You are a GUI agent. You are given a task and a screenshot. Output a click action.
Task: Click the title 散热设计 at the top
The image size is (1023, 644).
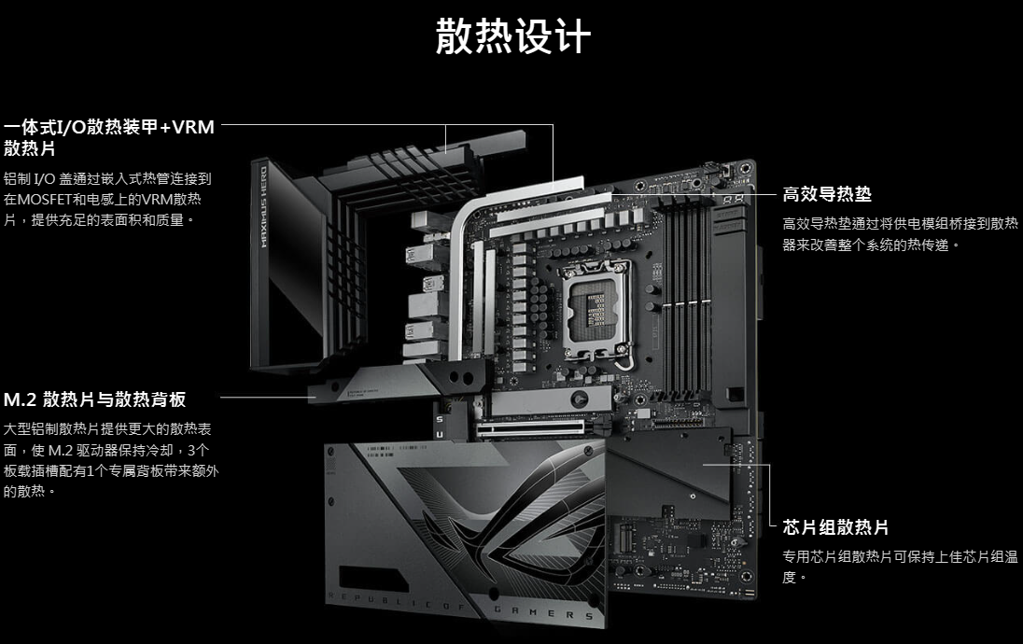point(512,36)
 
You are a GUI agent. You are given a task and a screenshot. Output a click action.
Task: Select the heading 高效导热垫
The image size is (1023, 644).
point(827,194)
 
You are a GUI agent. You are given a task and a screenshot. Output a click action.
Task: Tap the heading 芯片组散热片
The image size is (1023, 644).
point(835,527)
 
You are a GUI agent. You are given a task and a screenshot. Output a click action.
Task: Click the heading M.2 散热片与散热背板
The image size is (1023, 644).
point(94,399)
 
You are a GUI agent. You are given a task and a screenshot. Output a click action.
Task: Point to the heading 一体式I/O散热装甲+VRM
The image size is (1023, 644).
point(109,127)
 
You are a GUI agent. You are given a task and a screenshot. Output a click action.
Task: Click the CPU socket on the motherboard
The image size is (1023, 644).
point(597,311)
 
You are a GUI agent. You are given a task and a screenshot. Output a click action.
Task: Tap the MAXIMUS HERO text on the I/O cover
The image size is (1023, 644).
point(263,207)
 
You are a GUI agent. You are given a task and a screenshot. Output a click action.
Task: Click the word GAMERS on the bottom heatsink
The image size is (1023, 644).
point(543,612)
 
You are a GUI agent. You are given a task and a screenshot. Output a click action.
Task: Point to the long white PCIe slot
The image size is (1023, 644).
point(530,428)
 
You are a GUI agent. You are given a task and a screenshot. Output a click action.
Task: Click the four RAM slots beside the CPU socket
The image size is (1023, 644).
point(684,297)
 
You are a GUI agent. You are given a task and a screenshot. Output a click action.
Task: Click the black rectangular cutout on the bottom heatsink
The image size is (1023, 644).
point(370,578)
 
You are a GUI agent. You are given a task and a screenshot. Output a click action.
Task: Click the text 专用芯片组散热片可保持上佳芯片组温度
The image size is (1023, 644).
point(900,567)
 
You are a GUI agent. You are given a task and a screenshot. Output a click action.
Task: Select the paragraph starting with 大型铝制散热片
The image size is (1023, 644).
point(111,460)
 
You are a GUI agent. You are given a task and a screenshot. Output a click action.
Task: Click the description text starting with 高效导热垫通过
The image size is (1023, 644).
point(900,234)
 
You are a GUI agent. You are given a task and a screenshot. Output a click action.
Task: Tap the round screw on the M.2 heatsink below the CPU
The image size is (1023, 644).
point(578,399)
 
